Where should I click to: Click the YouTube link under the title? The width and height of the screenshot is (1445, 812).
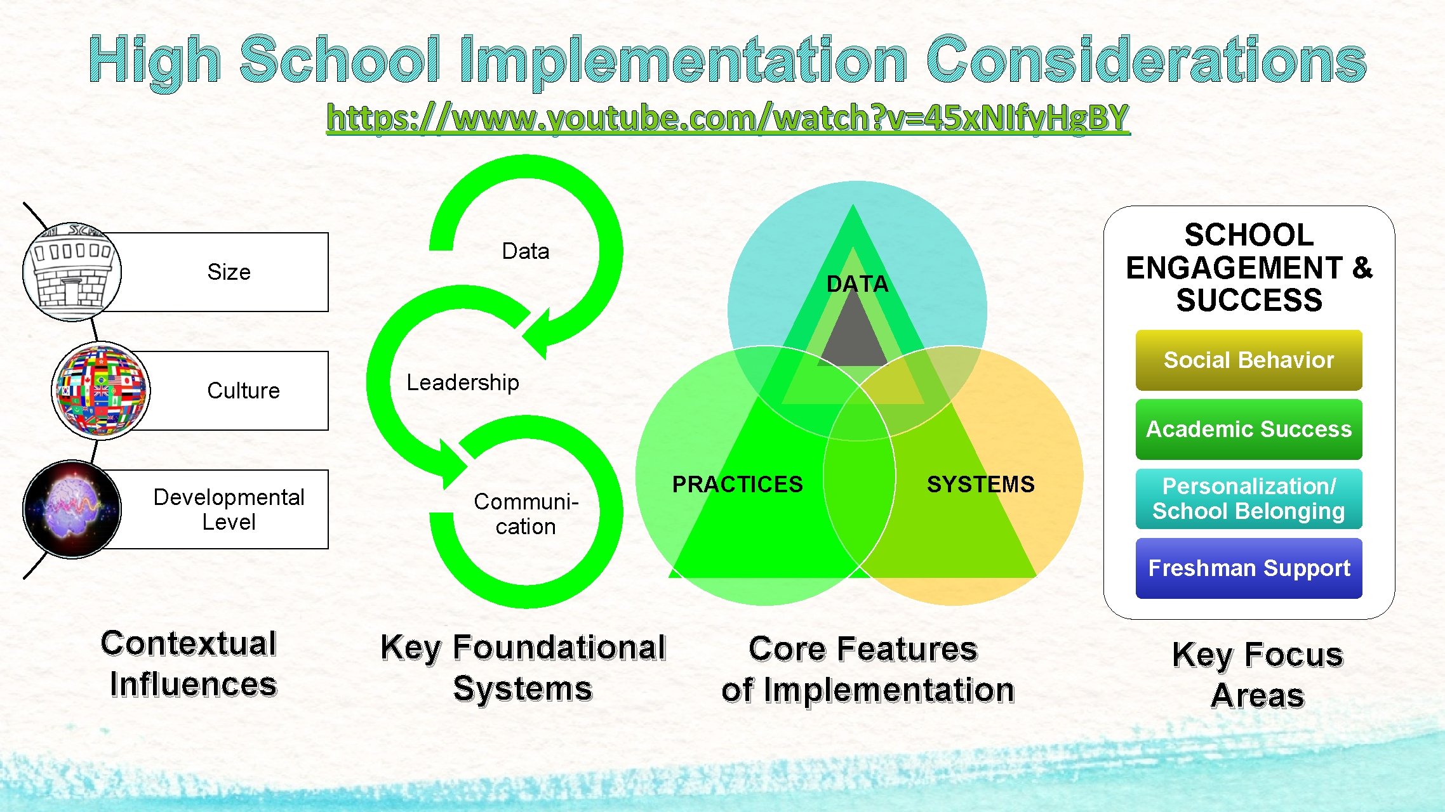(728, 118)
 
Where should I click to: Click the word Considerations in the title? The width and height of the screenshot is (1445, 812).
(1145, 60)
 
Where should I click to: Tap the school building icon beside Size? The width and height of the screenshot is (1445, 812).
(72, 273)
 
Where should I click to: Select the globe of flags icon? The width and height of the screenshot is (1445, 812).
(102, 391)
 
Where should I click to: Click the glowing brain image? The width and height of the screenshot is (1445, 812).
(72, 509)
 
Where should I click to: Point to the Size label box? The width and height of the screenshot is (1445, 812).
(229, 272)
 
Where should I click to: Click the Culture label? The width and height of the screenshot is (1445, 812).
(243, 391)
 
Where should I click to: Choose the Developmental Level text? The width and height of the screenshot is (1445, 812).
(229, 509)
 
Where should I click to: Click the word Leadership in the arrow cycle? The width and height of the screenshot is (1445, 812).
(463, 383)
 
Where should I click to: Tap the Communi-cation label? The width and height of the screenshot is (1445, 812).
(526, 514)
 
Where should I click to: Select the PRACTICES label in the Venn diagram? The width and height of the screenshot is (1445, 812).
(737, 485)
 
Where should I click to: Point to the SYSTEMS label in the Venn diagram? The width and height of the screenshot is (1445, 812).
(980, 485)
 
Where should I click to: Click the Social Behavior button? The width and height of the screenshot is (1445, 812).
(1248, 360)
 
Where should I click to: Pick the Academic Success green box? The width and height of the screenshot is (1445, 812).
(1248, 429)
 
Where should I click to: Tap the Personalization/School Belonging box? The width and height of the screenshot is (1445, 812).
(1248, 499)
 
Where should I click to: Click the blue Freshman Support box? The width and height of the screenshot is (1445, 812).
(1248, 568)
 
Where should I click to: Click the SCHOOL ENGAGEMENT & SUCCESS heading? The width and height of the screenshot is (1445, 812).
(1248, 268)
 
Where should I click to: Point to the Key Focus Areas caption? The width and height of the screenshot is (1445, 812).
(1257, 674)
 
